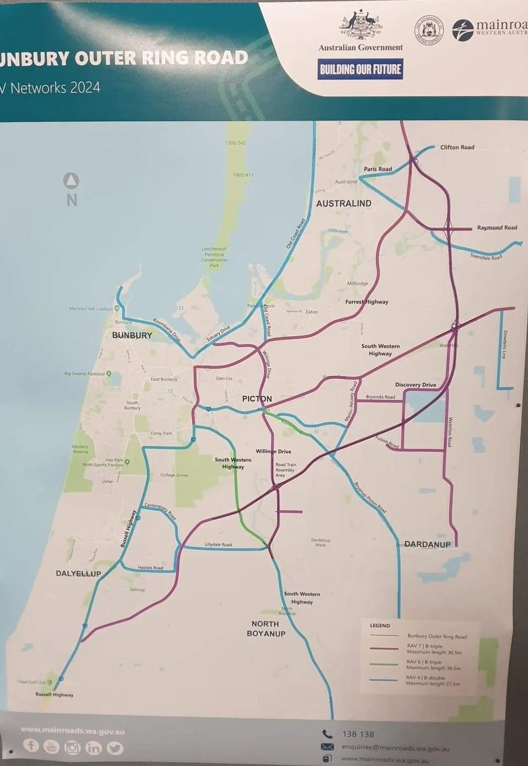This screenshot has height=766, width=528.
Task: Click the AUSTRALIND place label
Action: (x=344, y=204)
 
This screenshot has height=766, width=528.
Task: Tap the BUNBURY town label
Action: (x=132, y=335)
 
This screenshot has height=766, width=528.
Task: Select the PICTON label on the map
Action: (x=257, y=399)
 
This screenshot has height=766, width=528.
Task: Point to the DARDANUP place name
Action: (x=428, y=544)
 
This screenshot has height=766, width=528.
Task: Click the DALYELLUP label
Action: (x=78, y=574)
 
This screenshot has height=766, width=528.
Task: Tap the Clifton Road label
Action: (x=457, y=147)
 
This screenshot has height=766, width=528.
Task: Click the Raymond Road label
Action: (x=497, y=228)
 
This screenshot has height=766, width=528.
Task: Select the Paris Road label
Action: (x=378, y=169)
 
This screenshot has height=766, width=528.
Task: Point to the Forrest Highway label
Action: (x=367, y=302)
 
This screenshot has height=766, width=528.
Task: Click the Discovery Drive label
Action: (x=416, y=385)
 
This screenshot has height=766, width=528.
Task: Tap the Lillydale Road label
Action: (x=218, y=544)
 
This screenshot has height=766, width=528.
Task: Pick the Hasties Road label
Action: (x=150, y=568)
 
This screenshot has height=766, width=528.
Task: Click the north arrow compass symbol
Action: (x=72, y=180)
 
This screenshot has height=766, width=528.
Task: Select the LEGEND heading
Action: (x=380, y=626)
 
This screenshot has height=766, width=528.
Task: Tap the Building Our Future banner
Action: (x=360, y=69)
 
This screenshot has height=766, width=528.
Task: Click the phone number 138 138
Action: (x=358, y=734)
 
